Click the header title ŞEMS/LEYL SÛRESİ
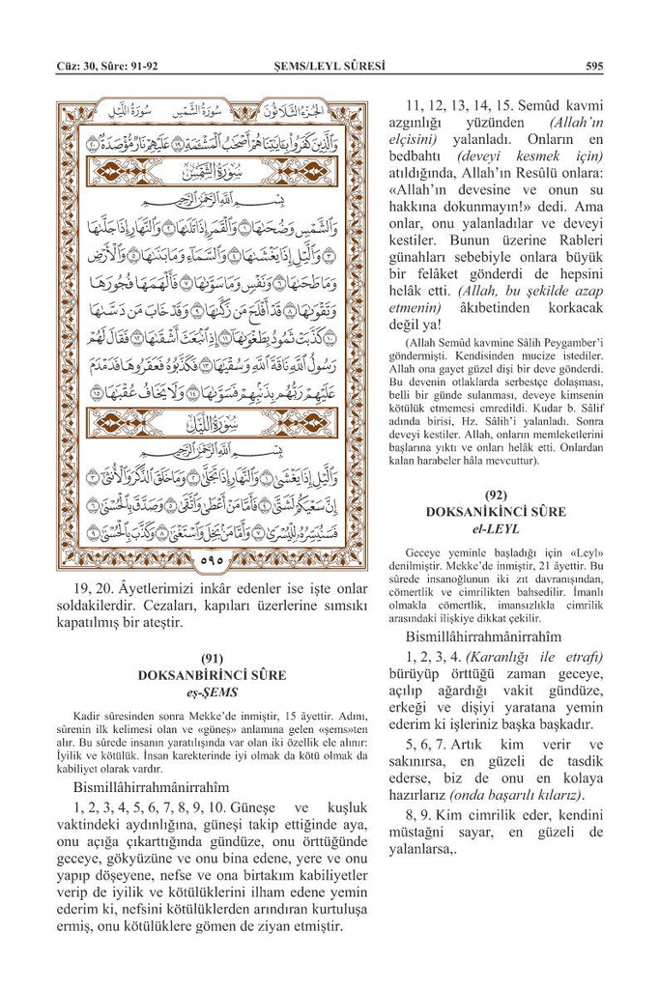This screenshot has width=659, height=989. [x=329, y=67]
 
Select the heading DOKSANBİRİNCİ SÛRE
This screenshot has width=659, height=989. [x=212, y=676]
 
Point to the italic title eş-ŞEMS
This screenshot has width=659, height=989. [x=212, y=692]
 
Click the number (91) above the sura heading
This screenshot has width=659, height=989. [x=212, y=660]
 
